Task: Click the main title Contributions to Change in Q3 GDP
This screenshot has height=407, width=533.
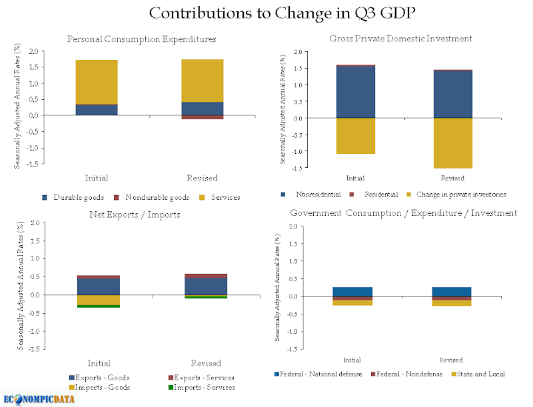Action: tap(282, 13)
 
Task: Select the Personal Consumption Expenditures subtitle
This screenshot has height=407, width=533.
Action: tap(142, 39)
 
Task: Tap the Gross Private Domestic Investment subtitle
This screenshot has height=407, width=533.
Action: tap(401, 39)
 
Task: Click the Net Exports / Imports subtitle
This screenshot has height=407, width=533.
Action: tap(135, 214)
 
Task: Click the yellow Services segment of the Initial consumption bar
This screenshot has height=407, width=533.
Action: tap(97, 82)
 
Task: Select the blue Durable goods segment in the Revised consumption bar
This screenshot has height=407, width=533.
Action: tap(203, 109)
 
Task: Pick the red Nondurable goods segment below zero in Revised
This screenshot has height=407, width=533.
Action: tap(203, 117)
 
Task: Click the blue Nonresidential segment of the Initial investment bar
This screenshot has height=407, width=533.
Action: tap(356, 92)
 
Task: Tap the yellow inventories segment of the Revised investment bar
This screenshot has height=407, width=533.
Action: tap(453, 143)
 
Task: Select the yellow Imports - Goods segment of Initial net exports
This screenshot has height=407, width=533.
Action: tap(99, 300)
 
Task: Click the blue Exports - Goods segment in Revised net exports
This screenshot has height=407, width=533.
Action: tap(206, 286)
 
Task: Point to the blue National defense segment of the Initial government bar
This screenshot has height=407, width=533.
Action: tap(352, 292)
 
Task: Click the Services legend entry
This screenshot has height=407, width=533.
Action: tap(220, 197)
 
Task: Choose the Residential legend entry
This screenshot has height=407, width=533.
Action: tap(374, 195)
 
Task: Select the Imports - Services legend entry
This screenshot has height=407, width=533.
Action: tap(202, 387)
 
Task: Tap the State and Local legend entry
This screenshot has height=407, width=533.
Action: tap(478, 374)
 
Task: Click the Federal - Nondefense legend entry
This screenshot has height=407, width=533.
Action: tap(406, 374)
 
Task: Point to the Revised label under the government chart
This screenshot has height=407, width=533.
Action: tap(451, 360)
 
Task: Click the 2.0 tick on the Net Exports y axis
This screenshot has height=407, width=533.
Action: tap(35, 223)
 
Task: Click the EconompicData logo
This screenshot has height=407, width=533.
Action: tap(39, 398)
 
